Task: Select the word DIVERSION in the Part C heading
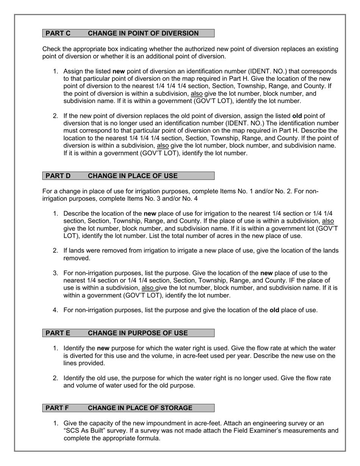[180, 33]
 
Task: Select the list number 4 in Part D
[55, 310]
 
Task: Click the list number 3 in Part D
[55, 273]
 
